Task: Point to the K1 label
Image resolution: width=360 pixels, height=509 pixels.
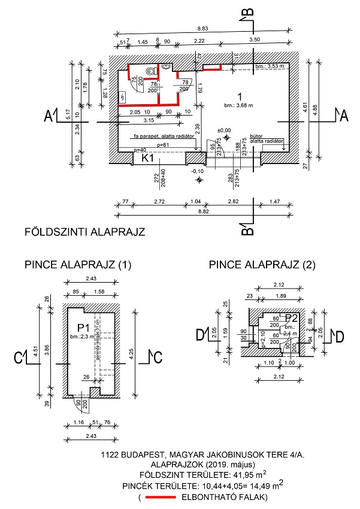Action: [x=149, y=159]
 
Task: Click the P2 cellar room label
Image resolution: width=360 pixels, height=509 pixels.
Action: [x=291, y=317]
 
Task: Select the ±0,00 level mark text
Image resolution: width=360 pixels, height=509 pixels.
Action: [x=224, y=130]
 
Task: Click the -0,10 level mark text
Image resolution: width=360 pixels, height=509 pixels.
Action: [x=198, y=171]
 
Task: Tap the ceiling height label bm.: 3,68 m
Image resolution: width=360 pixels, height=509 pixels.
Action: [x=239, y=105]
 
